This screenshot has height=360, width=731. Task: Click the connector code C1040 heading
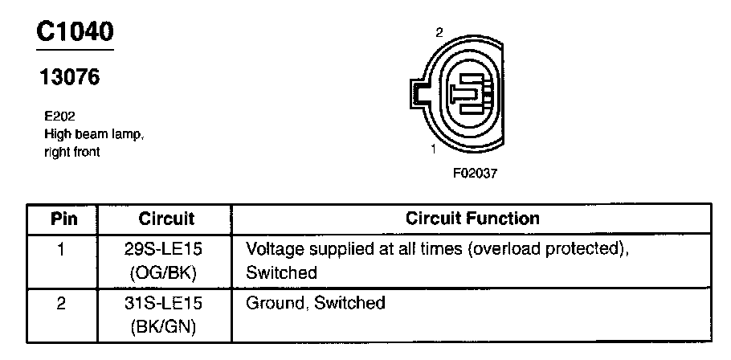[76, 31]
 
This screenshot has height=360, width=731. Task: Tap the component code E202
[59, 117]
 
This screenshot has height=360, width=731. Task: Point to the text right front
[72, 151]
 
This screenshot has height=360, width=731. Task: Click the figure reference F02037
[474, 172]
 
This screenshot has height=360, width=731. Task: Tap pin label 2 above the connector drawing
[439, 33]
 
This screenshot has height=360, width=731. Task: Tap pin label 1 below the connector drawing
[433, 149]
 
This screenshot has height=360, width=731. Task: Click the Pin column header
[63, 219]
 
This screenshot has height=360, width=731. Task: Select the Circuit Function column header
[472, 219]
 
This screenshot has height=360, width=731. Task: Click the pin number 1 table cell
[62, 249]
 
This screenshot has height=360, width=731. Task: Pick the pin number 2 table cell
[62, 304]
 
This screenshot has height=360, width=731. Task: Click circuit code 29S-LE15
[165, 249]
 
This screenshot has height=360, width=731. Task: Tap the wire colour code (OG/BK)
[165, 273]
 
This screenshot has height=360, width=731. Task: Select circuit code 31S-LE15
[165, 304]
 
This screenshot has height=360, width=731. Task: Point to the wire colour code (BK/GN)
[165, 327]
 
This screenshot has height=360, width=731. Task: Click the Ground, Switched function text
[316, 304]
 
